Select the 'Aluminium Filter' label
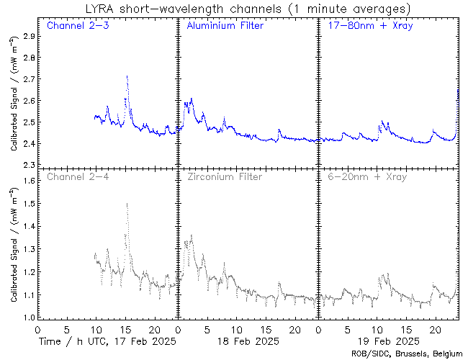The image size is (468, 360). (225, 27)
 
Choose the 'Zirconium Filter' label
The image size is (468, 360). (225, 176)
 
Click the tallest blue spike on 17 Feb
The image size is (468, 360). (127, 76)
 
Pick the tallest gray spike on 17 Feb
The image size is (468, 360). (127, 204)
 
